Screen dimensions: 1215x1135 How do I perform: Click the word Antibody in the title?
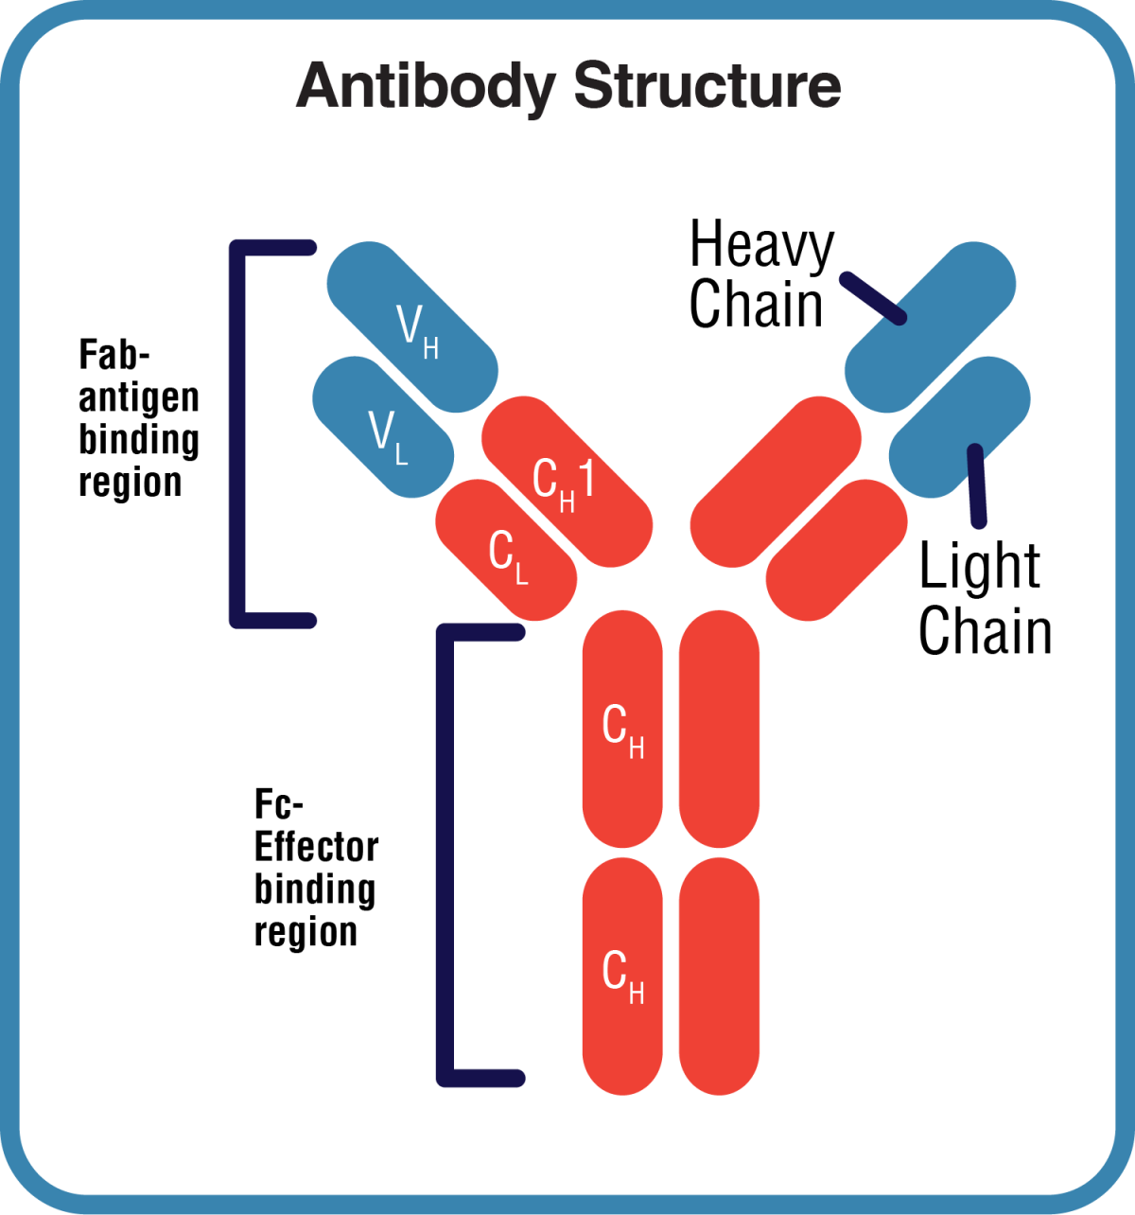425,87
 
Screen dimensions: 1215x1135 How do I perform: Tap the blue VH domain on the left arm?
412,326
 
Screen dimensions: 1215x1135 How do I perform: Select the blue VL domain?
383,428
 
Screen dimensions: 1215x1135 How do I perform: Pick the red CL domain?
507,551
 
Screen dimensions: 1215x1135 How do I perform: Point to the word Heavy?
761,245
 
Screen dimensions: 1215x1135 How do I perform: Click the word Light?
979,567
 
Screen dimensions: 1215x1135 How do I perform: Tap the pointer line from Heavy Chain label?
874,298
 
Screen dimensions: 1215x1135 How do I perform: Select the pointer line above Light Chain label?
976,485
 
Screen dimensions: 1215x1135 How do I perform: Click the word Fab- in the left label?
114,356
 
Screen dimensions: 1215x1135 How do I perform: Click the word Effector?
317,847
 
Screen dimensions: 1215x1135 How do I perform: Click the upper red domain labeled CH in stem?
622,729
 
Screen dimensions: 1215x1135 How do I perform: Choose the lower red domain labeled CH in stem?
622,977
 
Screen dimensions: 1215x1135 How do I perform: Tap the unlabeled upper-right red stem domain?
719,729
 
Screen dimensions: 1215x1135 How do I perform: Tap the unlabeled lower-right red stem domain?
719,977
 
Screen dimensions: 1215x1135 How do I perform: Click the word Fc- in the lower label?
279,805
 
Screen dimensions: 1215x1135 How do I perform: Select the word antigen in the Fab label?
139,398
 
